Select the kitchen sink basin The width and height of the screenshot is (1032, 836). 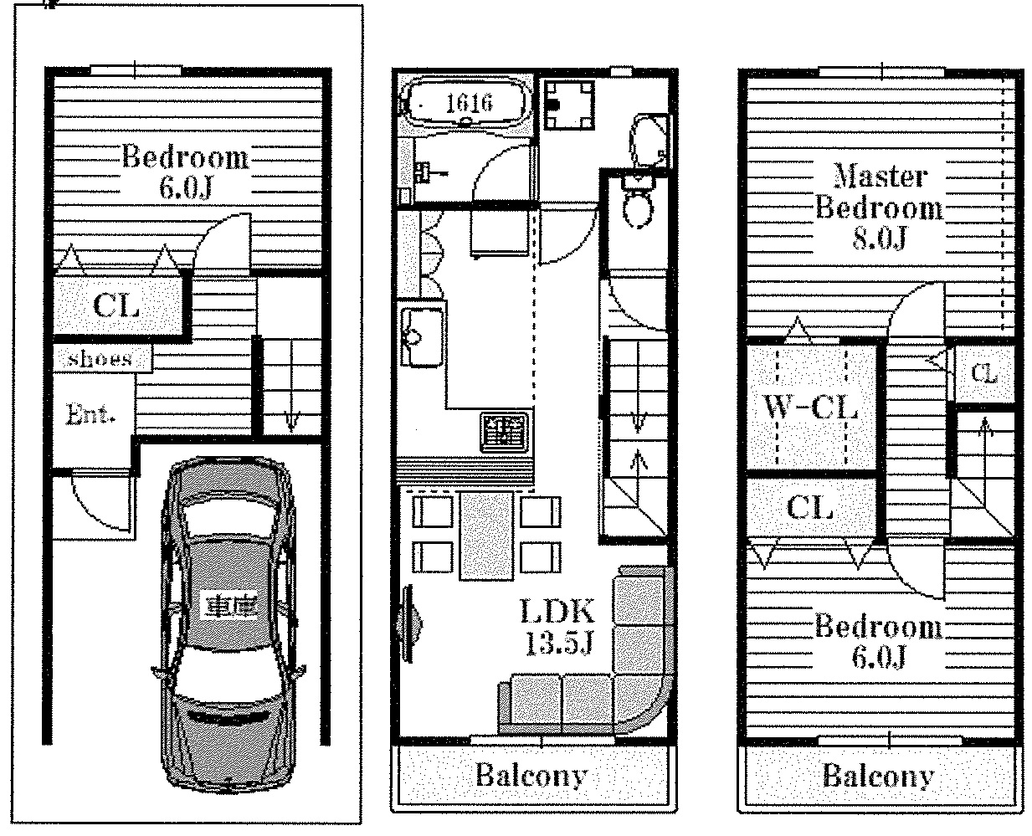pyautogui.click(x=422, y=336)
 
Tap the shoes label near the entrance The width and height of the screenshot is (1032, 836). pyautogui.click(x=100, y=359)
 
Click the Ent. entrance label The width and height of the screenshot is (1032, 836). pyautogui.click(x=90, y=414)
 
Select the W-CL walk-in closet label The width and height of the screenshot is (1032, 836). pyautogui.click(x=810, y=408)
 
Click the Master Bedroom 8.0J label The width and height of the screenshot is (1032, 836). pyautogui.click(x=879, y=208)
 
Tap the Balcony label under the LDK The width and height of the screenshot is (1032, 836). pyautogui.click(x=531, y=776)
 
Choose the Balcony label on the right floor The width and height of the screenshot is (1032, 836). pyautogui.click(x=878, y=776)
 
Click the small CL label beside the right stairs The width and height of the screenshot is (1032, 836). pyautogui.click(x=984, y=374)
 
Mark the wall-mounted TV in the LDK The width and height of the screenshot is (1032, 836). pyautogui.click(x=411, y=623)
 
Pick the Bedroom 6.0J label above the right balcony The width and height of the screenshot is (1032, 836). pyautogui.click(x=879, y=642)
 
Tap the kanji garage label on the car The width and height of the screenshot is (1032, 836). pyautogui.click(x=228, y=603)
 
